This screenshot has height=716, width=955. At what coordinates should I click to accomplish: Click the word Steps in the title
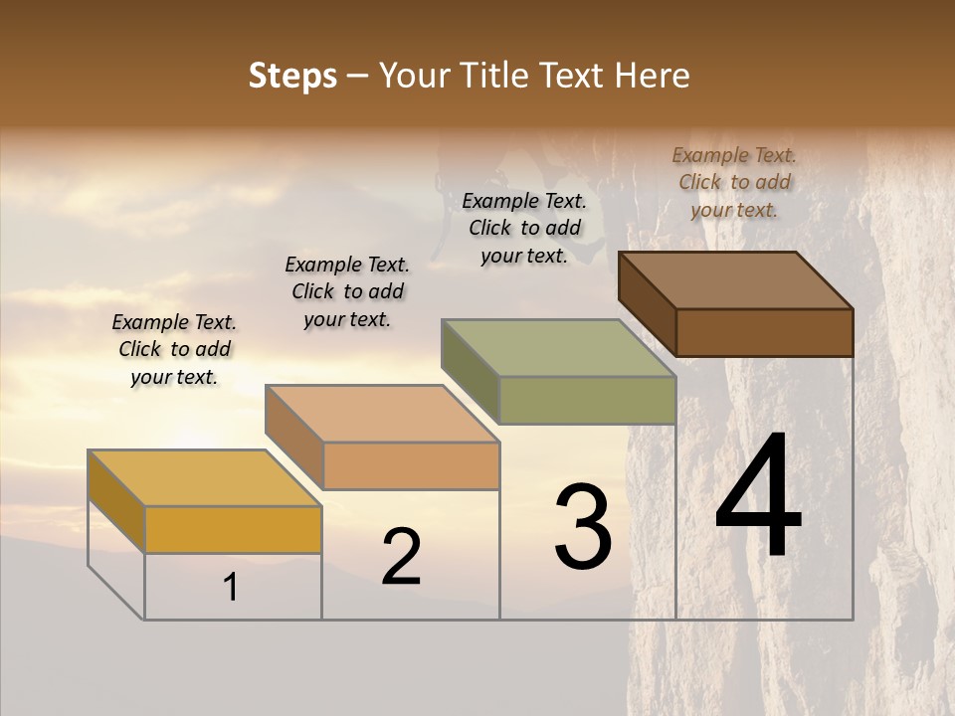point(292,76)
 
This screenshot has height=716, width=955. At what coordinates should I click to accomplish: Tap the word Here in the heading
point(652,76)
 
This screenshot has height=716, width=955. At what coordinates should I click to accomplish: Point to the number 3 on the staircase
point(583,527)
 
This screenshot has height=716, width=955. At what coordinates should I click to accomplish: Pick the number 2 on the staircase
point(401,557)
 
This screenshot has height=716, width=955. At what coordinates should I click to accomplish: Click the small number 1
point(231,588)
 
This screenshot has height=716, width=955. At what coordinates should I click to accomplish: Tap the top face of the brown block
point(736,279)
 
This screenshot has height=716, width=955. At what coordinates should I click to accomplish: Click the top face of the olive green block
point(559,347)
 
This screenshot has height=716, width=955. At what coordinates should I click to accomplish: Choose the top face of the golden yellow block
point(205,478)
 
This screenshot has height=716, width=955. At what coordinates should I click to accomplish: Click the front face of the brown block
point(764,332)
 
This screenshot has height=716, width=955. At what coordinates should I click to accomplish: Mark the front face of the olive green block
point(587,400)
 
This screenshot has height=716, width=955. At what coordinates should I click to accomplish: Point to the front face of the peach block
point(411,465)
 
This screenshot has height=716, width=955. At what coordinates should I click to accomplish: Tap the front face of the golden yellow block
point(233,530)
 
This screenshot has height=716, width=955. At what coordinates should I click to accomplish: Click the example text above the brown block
point(734,182)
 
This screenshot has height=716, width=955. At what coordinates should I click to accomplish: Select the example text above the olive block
point(524,228)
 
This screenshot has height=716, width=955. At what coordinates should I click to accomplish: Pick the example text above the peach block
point(347,291)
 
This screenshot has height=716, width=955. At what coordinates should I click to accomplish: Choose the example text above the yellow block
point(174,349)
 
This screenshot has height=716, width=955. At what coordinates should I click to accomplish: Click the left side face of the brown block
point(647,303)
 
